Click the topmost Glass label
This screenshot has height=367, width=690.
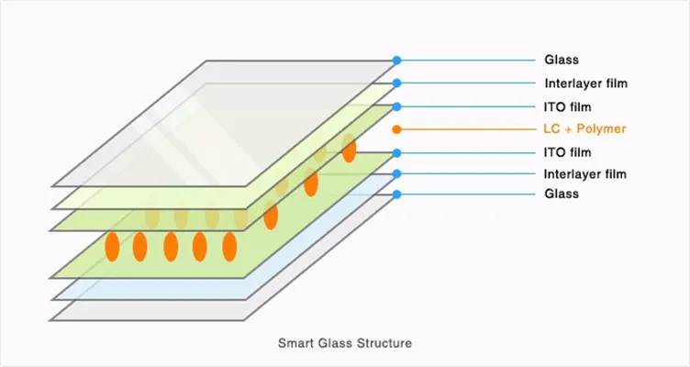[x=561, y=61]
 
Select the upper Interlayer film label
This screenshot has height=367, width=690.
[x=584, y=83]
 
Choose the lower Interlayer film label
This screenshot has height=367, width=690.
[x=584, y=173]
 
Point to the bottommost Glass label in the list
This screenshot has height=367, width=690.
[x=561, y=195]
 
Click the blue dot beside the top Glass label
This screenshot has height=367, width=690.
[x=396, y=61]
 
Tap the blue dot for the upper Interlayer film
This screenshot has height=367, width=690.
[x=396, y=83]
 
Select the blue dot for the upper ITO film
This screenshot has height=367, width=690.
[x=396, y=106]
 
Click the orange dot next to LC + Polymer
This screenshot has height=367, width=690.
[x=396, y=129]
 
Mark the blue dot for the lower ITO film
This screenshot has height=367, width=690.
[x=396, y=152]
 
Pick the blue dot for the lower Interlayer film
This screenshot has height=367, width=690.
[x=396, y=173]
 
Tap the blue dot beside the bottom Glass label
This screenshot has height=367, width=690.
[x=396, y=195]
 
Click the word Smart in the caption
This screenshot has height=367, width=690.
[x=295, y=344]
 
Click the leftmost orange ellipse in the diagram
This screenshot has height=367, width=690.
[x=112, y=247]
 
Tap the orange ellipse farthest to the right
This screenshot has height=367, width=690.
[x=349, y=149]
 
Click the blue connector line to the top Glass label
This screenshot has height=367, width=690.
[x=468, y=61]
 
